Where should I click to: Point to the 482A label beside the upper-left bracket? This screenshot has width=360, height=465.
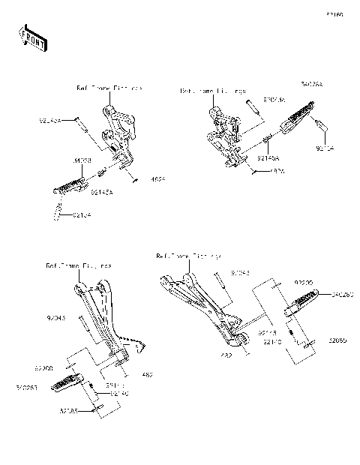tap(158, 179)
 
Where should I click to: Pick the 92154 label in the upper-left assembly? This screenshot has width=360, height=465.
tap(83, 216)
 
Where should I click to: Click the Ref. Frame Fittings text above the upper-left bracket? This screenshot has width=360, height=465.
tap(109, 88)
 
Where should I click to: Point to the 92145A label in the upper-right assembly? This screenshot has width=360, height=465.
tap(267, 159)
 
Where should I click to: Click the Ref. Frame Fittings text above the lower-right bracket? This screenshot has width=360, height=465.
tap(188, 256)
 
